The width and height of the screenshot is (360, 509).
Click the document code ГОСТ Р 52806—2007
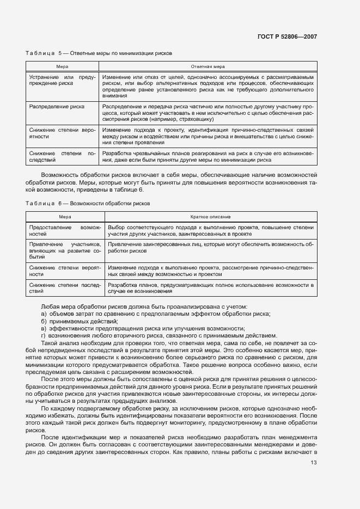[x=287, y=37]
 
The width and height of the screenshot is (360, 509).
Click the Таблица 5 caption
[x=99, y=54]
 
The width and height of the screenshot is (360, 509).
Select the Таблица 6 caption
[x=88, y=203]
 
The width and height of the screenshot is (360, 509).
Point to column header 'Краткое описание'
[x=210, y=217]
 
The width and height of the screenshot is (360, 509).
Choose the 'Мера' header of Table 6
[x=65, y=217]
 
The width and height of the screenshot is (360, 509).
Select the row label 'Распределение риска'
[x=57, y=107]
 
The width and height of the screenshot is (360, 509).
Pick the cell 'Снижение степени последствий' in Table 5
[x=62, y=157]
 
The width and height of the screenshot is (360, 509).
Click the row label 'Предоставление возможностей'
[x=65, y=230]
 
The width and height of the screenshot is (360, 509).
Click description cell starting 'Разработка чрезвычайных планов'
[x=208, y=157]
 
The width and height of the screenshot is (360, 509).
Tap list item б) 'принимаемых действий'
[x=76, y=321]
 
